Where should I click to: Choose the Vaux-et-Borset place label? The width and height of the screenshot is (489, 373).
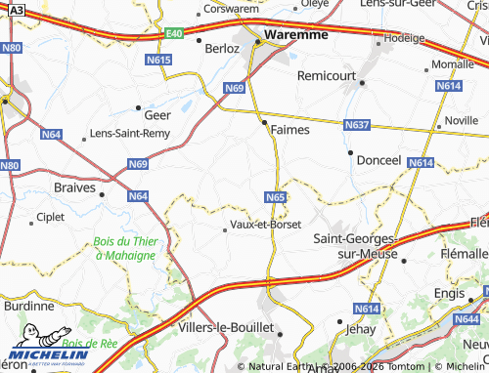click(267, 223)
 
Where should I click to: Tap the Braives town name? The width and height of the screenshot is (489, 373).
click(77, 185)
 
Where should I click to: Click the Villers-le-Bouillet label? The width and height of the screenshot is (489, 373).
click(220, 328)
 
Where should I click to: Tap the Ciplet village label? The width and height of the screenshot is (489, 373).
click(49, 217)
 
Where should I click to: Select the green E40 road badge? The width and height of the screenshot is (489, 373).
click(173, 34)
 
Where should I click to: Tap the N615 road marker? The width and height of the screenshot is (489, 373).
click(163, 60)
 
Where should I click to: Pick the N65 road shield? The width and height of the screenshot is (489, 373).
click(275, 197)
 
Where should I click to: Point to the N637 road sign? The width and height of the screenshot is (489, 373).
click(356, 125)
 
